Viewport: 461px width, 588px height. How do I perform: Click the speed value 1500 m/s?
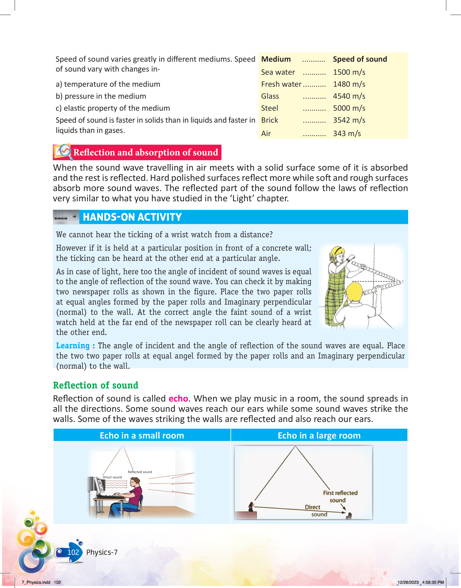coord(349,72)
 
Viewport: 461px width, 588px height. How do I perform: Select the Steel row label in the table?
coord(270,108)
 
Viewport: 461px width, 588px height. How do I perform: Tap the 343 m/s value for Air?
coord(347,134)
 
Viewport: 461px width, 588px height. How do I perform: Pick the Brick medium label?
coord(270,120)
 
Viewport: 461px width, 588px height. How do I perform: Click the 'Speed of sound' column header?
coord(360,59)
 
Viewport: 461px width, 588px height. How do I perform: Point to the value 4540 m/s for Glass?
coord(349,96)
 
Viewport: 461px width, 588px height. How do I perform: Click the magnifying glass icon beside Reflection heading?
coord(64,151)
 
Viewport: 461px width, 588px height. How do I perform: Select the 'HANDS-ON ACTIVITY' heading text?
coord(132,217)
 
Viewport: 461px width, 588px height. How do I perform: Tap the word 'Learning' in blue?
coord(73,346)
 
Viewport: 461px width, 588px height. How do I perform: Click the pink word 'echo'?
coord(178,399)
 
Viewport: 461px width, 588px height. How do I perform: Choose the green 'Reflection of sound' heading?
coord(96,385)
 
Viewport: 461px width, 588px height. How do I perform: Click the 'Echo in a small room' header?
coord(142,436)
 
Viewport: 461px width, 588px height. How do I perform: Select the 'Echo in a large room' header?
coord(319,436)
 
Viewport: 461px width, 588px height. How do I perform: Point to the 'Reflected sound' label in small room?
coord(140,472)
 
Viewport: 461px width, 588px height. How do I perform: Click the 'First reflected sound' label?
coord(340,496)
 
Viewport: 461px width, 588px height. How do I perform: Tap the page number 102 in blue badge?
coord(73,552)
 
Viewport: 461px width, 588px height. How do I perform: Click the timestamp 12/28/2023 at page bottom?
coord(408,582)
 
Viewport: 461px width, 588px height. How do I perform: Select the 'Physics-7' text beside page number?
coord(102,552)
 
